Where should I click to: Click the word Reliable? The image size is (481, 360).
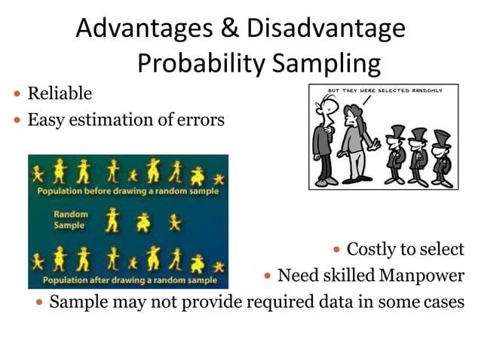60,94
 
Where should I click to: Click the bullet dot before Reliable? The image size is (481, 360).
17,95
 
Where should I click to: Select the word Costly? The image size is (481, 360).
376,249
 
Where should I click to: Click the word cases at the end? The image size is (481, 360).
444,303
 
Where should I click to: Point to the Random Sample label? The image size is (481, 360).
69,219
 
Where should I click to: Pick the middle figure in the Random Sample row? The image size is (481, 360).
143,221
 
